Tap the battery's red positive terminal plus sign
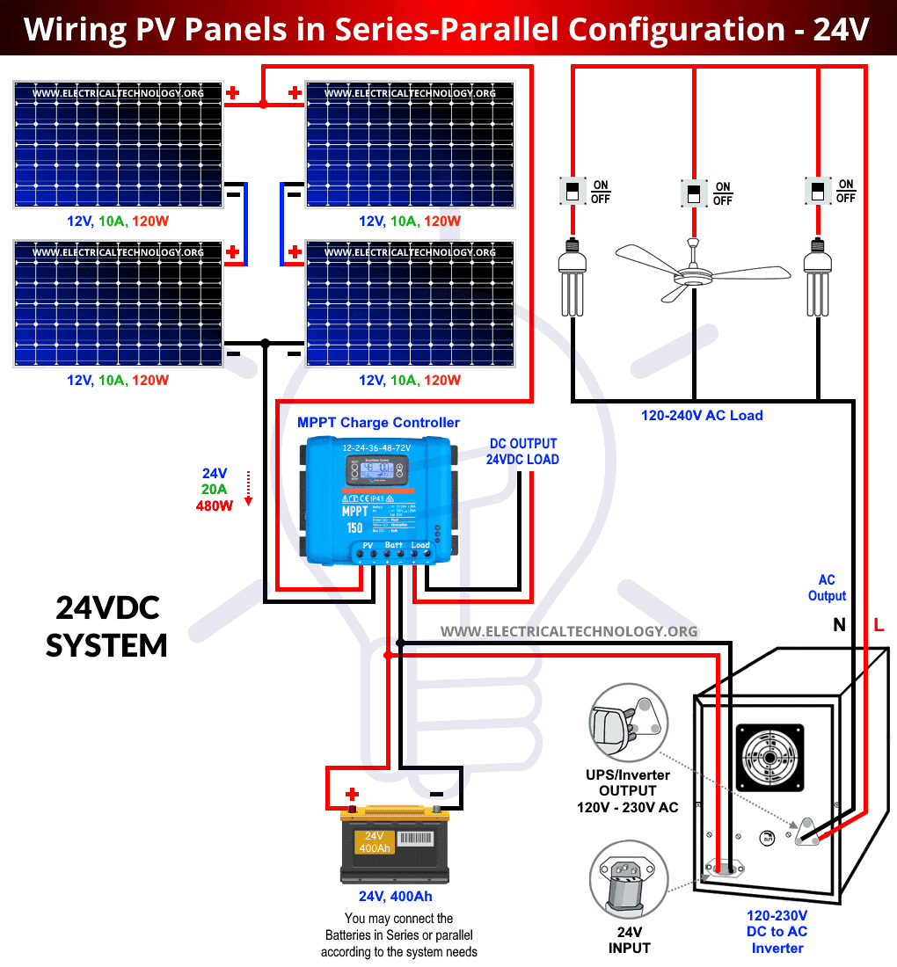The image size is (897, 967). pos(352,793)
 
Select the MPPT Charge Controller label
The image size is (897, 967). pos(378,423)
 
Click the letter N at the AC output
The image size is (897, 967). pos(839,626)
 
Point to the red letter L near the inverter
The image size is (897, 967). pos(879,626)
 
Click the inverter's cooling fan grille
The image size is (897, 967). pos(769,759)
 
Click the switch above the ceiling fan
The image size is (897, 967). pos(695,193)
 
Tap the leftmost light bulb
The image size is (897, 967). pos(572,280)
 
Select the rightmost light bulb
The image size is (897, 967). pos(818,280)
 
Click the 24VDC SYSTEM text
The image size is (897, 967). pos(106,626)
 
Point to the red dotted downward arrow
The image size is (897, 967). pos(249,488)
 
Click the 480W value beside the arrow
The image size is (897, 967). pos(214,505)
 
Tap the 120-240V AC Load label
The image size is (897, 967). pos(702,415)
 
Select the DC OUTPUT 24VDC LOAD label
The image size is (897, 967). pos(522,451)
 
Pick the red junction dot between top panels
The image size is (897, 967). pos(263,105)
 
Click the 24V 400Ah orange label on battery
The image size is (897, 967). pos(375,842)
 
